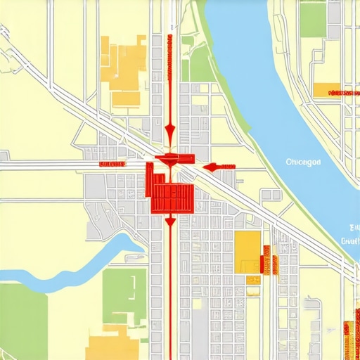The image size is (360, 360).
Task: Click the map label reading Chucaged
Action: [x=304, y=162]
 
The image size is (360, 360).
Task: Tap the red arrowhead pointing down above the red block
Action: [x=169, y=131]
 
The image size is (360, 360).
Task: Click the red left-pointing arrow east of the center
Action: [x=210, y=167]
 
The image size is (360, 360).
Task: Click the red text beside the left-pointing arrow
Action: [x=226, y=166]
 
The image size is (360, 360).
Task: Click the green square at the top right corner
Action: [x=314, y=18]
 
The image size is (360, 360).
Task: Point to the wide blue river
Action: [x=281, y=105]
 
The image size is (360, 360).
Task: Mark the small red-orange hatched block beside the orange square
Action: [x=267, y=260]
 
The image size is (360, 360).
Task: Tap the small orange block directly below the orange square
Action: [x=252, y=280]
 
